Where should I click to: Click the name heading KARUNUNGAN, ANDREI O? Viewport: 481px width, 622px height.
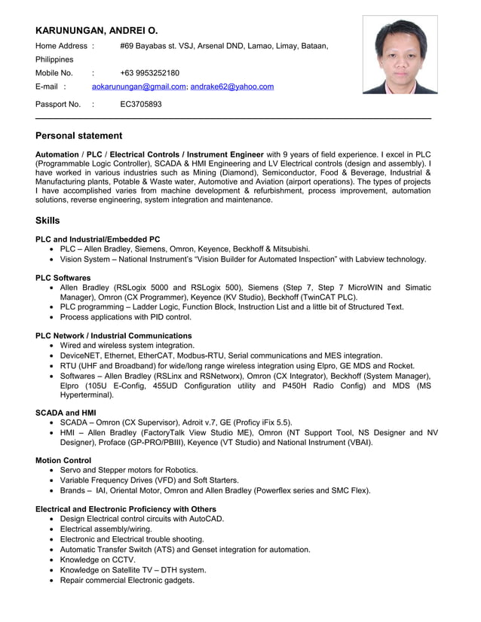coord(97,31)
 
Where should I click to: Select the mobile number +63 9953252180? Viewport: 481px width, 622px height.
coord(149,73)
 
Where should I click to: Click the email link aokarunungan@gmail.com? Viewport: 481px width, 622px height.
coord(139,87)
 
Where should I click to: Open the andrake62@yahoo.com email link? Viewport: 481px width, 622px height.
coord(232,87)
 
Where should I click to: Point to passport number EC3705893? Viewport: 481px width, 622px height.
coord(141,105)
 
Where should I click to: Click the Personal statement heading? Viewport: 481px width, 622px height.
coord(78,136)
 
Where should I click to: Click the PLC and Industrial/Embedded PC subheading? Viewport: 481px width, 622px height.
coord(98,239)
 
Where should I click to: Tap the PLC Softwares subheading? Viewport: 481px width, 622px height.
coord(63,278)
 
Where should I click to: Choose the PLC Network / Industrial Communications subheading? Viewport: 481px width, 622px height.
coord(113,336)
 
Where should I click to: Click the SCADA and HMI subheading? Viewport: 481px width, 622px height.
coord(66,413)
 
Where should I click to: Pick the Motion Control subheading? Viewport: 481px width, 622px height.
coord(63,460)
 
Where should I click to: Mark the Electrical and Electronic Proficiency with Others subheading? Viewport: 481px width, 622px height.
coord(126,509)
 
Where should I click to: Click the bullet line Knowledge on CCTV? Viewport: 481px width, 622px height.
coord(98,559)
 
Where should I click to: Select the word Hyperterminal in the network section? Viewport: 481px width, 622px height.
coord(87,395)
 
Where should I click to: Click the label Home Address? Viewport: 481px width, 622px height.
coord(62,46)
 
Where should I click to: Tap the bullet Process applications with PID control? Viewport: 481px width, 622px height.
coord(126,317)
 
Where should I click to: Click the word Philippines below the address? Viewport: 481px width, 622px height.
coord(54,59)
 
